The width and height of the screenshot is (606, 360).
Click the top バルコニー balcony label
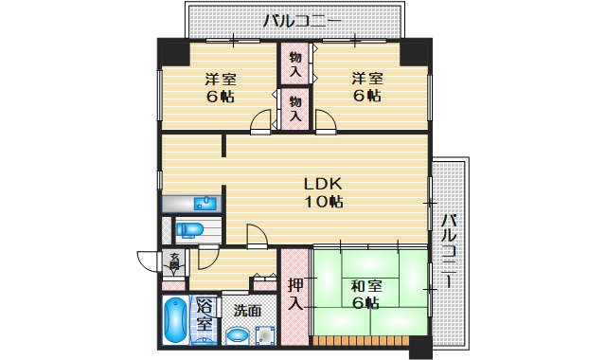pyautogui.click(x=302, y=19)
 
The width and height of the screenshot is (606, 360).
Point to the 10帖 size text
pyautogui.click(x=322, y=202)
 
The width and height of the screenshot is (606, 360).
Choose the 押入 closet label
pyautogui.click(x=294, y=294)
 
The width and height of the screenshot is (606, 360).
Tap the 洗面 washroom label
pyautogui.click(x=248, y=310)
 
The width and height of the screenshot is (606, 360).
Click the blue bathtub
pyautogui.click(x=175, y=321)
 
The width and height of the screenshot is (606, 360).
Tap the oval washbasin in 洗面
pyautogui.click(x=237, y=334)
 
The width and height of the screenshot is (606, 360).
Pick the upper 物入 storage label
pyautogui.click(x=294, y=65)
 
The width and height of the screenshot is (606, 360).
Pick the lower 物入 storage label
pyautogui.click(x=294, y=108)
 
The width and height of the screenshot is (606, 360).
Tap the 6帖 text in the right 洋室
pyautogui.click(x=366, y=97)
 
